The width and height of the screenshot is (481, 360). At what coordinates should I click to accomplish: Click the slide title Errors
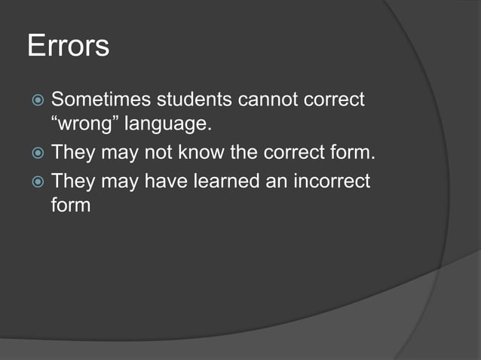(68, 46)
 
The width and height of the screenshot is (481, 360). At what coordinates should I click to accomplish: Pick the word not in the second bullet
(161, 154)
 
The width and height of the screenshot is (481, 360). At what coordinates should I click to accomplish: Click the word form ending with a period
(352, 154)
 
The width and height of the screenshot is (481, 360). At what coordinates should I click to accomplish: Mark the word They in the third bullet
(71, 182)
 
